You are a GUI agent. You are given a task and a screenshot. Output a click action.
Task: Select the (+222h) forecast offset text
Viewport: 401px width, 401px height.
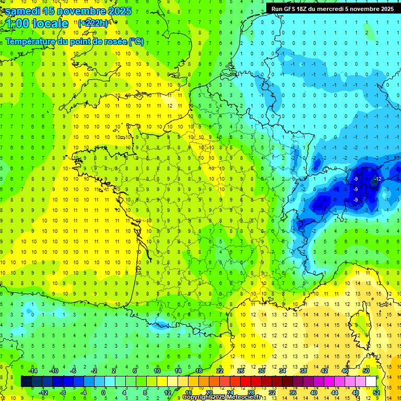click(x=93, y=23)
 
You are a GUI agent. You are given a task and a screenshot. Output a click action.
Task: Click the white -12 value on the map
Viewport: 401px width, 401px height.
click(x=377, y=180)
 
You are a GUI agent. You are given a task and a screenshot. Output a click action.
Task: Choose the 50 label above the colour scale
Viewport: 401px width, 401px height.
click(x=366, y=371)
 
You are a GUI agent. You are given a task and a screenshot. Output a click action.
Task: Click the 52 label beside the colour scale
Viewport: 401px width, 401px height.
click(x=376, y=392)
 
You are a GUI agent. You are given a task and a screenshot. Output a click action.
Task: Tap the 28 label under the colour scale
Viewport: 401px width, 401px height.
click(x=251, y=392)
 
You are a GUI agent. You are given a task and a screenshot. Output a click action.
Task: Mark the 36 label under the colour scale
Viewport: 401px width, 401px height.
click(x=293, y=392)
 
